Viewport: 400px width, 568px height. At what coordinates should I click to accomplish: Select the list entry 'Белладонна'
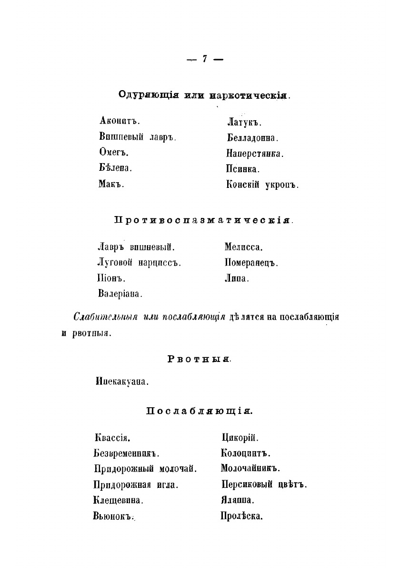click(252, 138)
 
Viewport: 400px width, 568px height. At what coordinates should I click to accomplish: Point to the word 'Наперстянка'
click(255, 154)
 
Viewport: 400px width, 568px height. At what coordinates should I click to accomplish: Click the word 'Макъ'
click(111, 184)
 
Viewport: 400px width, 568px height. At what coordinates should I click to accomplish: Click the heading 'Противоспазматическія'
click(203, 221)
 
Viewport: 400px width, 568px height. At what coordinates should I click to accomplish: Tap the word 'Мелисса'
click(244, 247)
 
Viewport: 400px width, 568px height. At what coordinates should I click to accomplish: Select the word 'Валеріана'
click(120, 293)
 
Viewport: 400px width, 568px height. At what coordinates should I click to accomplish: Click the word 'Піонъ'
click(111, 278)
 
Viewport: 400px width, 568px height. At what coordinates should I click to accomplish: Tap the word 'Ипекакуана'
click(122, 382)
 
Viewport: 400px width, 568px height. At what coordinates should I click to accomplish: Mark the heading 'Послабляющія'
click(199, 411)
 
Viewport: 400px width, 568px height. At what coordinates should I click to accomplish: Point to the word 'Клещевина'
click(119, 501)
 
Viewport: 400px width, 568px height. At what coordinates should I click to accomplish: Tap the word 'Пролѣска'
click(242, 516)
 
